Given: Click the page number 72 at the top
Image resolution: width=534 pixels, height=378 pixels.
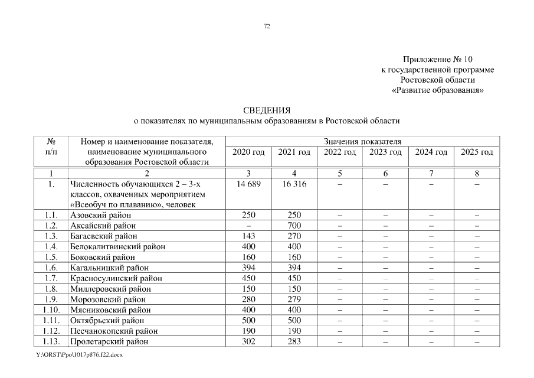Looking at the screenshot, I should tap(267, 27).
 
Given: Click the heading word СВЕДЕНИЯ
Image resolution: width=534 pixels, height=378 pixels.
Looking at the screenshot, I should tap(267, 110).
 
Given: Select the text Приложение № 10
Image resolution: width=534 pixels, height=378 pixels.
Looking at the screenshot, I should tap(438, 60).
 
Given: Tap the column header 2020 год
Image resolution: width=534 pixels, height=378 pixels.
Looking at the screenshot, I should tap(248, 152).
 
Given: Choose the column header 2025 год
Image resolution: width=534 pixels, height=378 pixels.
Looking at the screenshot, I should tap(477, 152).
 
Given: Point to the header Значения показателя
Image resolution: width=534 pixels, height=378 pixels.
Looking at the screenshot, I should tap(362, 142).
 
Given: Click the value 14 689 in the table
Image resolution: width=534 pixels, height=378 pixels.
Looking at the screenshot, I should tap(248, 184).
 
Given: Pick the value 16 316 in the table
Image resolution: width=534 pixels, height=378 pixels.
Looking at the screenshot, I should tap(294, 184).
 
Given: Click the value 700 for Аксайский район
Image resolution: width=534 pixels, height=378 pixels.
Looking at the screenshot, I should tap(294, 226).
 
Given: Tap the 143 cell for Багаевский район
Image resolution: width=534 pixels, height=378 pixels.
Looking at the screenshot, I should tap(248, 236).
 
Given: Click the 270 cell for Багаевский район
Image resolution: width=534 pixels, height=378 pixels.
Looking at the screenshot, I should tap(294, 236).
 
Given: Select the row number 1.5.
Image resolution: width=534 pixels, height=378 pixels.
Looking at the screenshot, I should tap(51, 257).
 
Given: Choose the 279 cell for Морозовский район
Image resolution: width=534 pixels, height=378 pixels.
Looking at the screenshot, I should tap(294, 299).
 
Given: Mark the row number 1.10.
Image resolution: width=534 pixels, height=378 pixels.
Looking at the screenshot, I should tap(51, 309).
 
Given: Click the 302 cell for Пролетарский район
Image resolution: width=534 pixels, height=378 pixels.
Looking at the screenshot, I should tap(248, 341).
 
